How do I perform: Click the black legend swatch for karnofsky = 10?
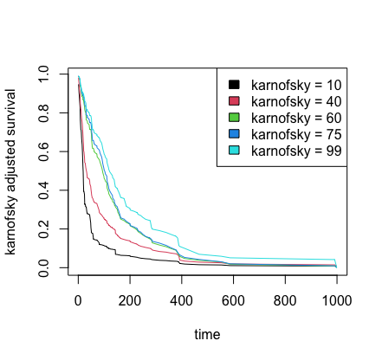(x=234, y=85)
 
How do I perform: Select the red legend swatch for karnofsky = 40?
(x=234, y=101)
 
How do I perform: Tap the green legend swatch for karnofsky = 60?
(x=234, y=118)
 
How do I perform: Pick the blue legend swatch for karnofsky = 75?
(x=234, y=134)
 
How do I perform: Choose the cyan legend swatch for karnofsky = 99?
(x=234, y=151)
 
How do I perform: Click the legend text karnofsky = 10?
(x=296, y=86)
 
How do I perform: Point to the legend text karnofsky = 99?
(x=296, y=151)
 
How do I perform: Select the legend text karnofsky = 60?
(x=296, y=119)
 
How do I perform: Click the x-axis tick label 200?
(x=130, y=300)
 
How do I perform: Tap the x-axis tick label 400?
(x=181, y=300)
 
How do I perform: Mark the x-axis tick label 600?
(x=233, y=300)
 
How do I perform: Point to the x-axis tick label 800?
(x=285, y=300)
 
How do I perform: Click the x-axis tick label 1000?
(x=337, y=300)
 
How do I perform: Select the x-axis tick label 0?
(x=78, y=300)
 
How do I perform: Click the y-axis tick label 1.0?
(x=43, y=74)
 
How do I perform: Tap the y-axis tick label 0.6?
(x=43, y=151)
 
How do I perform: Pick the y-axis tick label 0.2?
(x=43, y=229)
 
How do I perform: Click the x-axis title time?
(x=207, y=335)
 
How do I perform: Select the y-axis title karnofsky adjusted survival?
(x=10, y=172)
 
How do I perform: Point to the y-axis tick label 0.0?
(x=43, y=267)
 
